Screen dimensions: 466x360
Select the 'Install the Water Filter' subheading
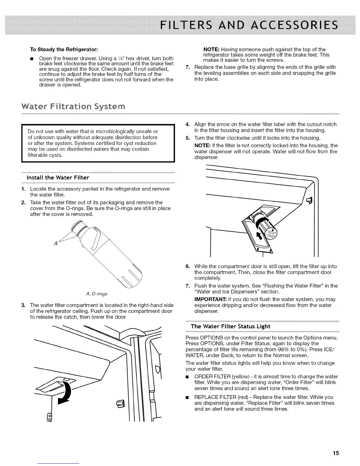58,177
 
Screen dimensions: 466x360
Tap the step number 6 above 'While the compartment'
187,267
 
